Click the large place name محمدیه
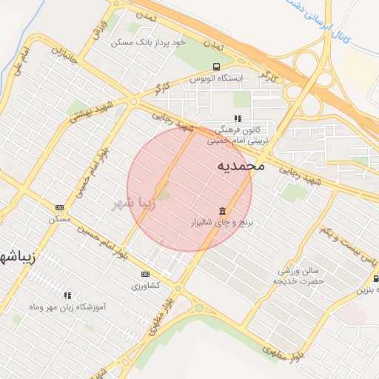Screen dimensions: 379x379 (241, 166)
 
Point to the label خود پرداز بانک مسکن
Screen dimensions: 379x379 (147, 43)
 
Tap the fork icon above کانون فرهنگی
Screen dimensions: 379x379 (237, 118)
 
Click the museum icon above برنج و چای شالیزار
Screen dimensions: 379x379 (222, 210)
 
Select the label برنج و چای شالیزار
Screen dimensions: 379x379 (223, 222)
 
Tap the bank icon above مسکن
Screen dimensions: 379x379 (59, 208)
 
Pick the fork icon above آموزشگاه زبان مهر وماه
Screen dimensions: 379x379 (68, 295)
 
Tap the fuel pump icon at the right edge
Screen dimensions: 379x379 (375, 279)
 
